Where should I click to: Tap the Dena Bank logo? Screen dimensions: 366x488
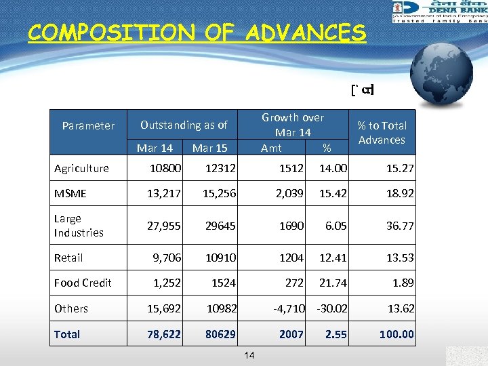click(439, 12)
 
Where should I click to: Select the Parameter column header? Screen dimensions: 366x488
click(88, 125)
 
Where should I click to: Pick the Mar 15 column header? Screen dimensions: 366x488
click(210, 148)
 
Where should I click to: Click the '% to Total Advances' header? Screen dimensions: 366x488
click(382, 132)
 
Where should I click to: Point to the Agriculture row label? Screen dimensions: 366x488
click(81, 168)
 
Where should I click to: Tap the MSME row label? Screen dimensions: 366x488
click(70, 194)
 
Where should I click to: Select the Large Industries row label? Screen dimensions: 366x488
click(79, 226)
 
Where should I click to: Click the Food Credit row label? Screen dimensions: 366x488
click(83, 283)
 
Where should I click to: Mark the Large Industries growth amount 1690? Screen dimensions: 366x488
click(291, 226)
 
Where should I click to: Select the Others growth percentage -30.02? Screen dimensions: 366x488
click(331, 308)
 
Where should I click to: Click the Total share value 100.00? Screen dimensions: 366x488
click(396, 334)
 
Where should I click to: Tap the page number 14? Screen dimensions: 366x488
click(249, 355)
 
